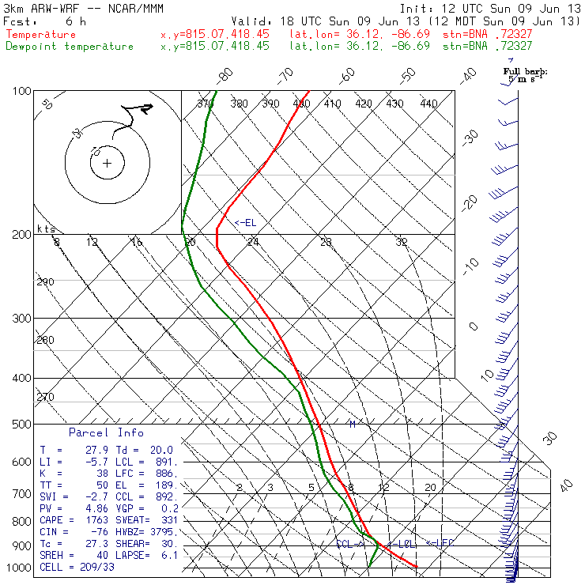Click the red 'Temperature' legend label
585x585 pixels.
[x=41, y=35]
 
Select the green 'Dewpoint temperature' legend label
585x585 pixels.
[x=70, y=46]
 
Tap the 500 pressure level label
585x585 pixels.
[x=22, y=425]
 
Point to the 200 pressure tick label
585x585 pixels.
[x=22, y=235]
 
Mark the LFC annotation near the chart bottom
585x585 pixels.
[x=441, y=542]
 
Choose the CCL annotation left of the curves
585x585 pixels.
[x=349, y=544]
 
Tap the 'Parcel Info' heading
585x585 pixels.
[x=106, y=432]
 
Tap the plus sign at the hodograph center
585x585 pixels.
[x=107, y=164]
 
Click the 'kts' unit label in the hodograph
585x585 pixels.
[x=47, y=229]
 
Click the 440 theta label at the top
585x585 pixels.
[x=428, y=104]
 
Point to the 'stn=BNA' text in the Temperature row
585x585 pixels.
[x=458, y=35]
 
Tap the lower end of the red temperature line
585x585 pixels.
[x=417, y=565]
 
